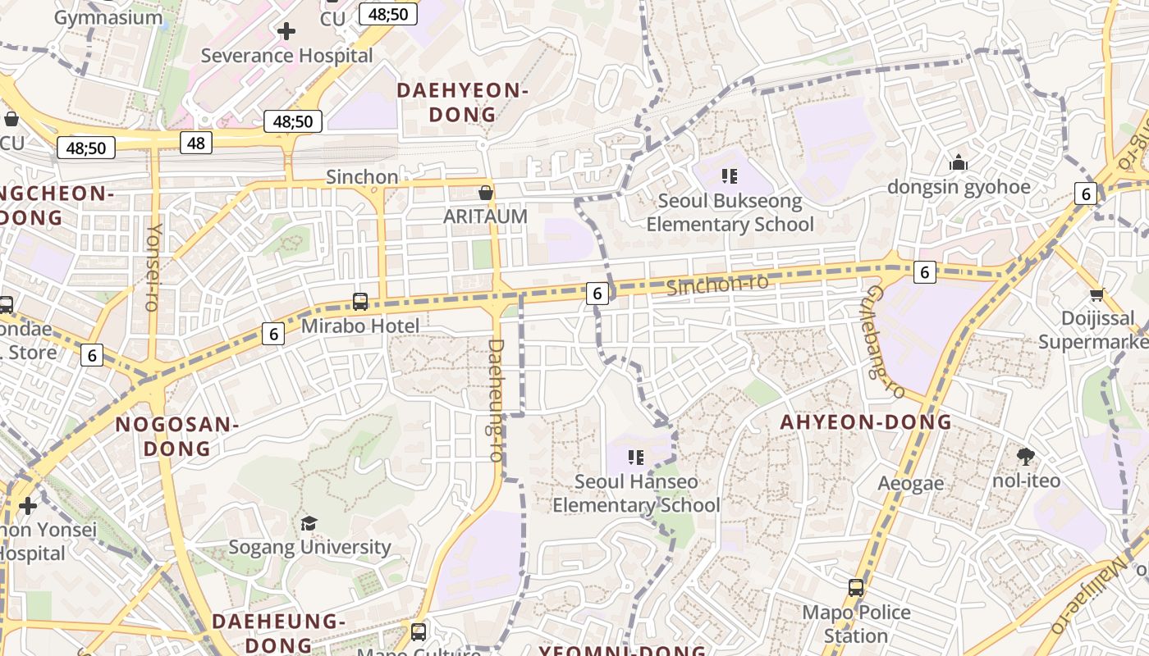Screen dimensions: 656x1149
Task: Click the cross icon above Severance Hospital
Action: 286,32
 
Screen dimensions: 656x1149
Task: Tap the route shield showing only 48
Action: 196,143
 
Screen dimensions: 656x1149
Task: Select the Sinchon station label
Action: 362,177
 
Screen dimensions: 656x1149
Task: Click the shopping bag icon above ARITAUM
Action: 486,194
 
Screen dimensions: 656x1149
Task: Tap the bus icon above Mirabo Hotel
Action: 360,302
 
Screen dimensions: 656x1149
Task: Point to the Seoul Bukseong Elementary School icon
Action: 730,176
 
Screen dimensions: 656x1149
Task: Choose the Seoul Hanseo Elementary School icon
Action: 636,458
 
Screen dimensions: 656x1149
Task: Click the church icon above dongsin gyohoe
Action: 958,163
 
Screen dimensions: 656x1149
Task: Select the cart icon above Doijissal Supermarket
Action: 1096,294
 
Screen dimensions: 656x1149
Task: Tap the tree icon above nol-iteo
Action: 1025,457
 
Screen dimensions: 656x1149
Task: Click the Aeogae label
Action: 911,484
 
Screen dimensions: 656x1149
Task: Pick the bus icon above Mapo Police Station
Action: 856,588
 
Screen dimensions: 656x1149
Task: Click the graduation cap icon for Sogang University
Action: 309,523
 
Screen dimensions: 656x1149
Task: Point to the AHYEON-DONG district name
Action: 866,422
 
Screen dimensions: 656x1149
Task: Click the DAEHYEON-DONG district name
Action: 462,102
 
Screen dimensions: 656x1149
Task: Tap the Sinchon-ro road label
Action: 717,285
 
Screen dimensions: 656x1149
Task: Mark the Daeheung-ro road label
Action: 496,400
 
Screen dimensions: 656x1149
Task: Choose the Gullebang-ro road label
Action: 886,342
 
